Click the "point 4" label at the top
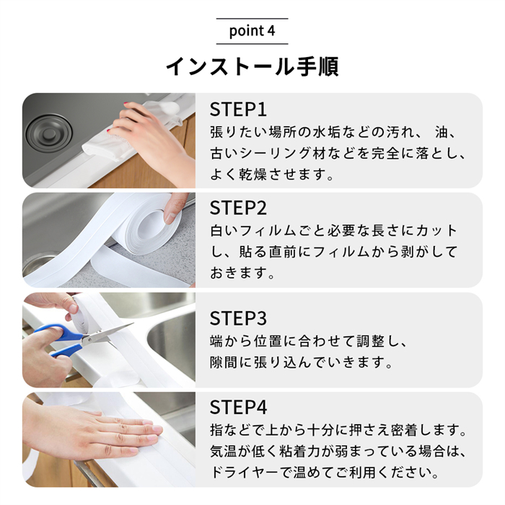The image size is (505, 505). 252,31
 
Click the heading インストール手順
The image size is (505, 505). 252,66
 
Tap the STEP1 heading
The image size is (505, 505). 238,109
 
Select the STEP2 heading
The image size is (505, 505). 238,208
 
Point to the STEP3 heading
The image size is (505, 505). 238,318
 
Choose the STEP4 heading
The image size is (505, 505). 238,407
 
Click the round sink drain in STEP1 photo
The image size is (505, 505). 49,133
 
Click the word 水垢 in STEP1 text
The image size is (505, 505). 327,132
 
